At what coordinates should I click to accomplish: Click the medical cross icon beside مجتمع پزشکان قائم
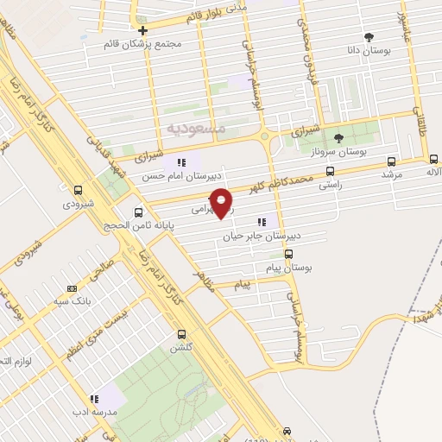pyautogui.click(x=142, y=31)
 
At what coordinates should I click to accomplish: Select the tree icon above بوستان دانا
pyautogui.click(x=369, y=36)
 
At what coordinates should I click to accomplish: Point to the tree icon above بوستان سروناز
pyautogui.click(x=338, y=136)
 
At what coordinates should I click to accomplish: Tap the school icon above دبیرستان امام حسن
pyautogui.click(x=181, y=161)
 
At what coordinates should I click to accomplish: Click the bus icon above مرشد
pyautogui.click(x=392, y=161)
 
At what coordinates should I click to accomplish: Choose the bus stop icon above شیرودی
pyautogui.click(x=79, y=190)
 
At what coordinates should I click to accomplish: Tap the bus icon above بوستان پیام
pyautogui.click(x=288, y=254)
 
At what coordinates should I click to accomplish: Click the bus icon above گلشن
pyautogui.click(x=181, y=334)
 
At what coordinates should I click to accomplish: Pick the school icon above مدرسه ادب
pyautogui.click(x=95, y=399)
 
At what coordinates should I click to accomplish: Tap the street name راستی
pyautogui.click(x=331, y=184)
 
